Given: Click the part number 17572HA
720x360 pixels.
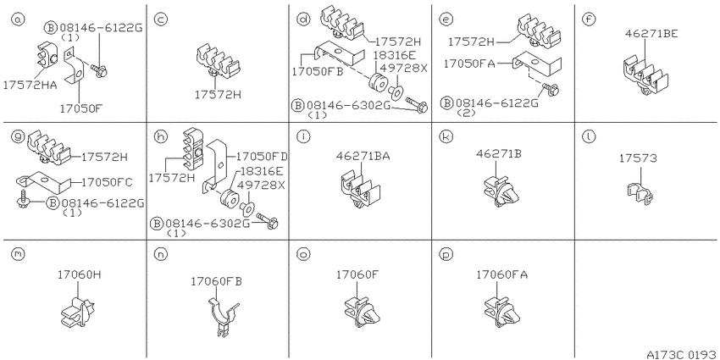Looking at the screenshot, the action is (30, 85).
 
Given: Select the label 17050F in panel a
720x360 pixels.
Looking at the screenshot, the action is (80, 108).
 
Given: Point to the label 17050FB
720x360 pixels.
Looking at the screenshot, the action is (318, 71).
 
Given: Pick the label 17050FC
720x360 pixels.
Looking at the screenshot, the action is (107, 182).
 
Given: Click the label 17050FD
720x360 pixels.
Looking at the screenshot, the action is (262, 157).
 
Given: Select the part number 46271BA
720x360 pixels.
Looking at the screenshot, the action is (363, 156).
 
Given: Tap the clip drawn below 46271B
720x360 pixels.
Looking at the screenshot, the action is (501, 191).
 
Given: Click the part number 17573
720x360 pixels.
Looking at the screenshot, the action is (638, 158).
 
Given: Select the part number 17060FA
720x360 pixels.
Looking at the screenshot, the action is (502, 274).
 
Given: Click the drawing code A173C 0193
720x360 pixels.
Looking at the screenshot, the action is (681, 354).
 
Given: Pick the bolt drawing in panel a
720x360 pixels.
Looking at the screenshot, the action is (99, 69).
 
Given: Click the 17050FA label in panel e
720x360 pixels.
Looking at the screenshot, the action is (468, 64).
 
